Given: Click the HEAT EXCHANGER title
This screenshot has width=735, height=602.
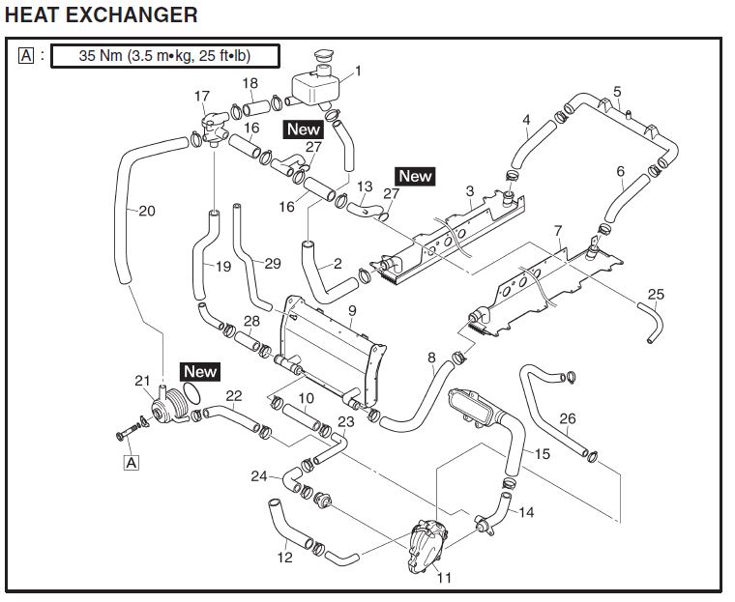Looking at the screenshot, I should pyautogui.click(x=101, y=14).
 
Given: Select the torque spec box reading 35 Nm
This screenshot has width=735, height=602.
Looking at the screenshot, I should pyautogui.click(x=164, y=55).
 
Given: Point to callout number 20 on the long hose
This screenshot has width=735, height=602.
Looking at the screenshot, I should pyautogui.click(x=147, y=211).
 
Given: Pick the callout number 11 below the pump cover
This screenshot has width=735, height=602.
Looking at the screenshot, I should pyautogui.click(x=444, y=578).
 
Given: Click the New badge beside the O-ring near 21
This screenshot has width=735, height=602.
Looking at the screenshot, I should pyautogui.click(x=200, y=371).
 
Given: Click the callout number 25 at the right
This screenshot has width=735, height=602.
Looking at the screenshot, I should pyautogui.click(x=656, y=294).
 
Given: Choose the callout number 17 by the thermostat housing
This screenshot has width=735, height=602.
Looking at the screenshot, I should pyautogui.click(x=201, y=96).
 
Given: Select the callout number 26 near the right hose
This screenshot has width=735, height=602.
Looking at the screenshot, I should pyautogui.click(x=568, y=418).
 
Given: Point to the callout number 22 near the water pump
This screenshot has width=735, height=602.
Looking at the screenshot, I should pyautogui.click(x=234, y=394).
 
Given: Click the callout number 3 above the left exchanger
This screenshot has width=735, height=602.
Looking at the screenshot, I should pyautogui.click(x=469, y=191).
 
